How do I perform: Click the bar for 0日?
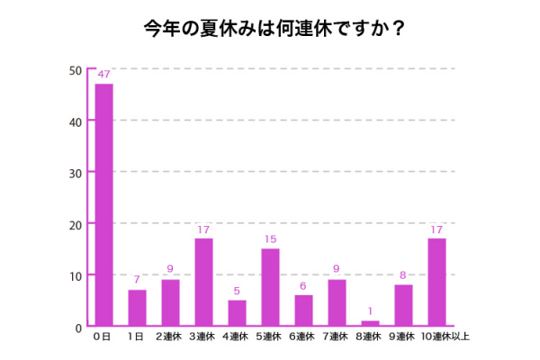point(103,204)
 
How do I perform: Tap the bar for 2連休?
point(170,302)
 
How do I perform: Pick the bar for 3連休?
point(203,282)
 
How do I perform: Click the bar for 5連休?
point(270,287)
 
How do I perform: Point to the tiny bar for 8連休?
point(370,323)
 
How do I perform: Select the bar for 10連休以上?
point(436,282)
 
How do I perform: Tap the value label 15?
point(270,240)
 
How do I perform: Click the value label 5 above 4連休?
point(237,292)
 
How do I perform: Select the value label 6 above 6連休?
point(303,286)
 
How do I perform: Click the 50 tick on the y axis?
point(75,70)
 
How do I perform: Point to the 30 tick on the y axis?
point(75,173)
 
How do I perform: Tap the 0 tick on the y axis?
point(78,327)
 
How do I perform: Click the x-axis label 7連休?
point(337,337)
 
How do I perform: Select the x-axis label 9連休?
point(403,337)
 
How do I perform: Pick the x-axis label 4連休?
point(237,337)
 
